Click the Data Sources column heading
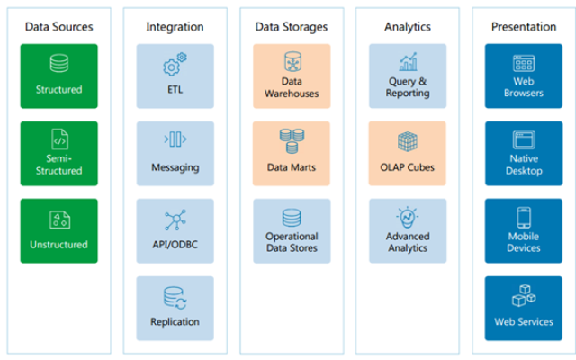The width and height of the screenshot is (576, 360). [x=58, y=27]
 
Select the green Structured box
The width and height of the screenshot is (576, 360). [x=58, y=76]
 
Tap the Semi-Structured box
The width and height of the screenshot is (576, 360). [x=58, y=153]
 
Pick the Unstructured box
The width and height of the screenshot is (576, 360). [x=58, y=230]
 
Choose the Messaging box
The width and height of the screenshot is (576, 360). [x=175, y=153]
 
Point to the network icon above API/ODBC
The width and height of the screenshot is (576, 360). [x=175, y=220]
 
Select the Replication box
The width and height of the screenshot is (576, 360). [x=175, y=308]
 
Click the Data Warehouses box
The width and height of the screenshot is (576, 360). [x=292, y=76]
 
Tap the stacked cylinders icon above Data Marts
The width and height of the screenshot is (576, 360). [x=292, y=140]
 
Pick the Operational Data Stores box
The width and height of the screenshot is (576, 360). [x=292, y=230]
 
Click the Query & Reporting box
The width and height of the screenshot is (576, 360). [x=407, y=76]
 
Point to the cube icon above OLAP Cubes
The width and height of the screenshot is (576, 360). [x=407, y=141]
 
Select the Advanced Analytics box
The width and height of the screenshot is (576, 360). [x=407, y=230]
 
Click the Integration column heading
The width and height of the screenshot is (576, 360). [x=175, y=27]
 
